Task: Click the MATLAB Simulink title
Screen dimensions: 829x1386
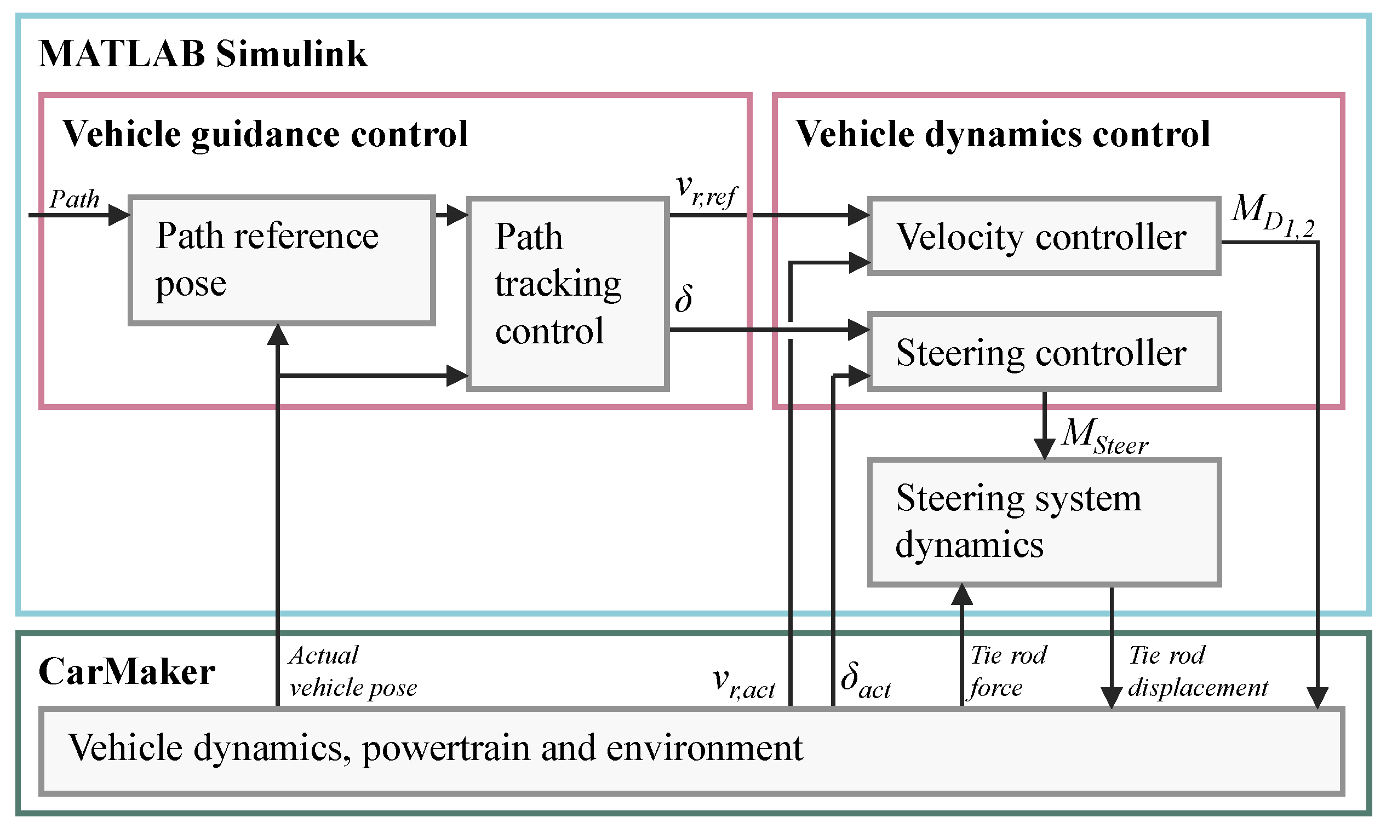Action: coord(203,54)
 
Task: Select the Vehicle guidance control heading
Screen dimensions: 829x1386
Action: coord(265,134)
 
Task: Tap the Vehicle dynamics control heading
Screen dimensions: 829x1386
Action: coord(1002,134)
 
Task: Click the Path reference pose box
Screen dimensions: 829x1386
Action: coord(281,260)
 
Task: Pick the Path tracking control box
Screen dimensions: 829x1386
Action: coord(568,293)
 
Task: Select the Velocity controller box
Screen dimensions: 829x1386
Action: coord(1043,237)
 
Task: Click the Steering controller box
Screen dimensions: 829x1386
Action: coord(1043,352)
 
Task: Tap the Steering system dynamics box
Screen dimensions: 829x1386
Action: coord(1043,522)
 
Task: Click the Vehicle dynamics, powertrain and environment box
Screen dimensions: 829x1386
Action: coord(691,750)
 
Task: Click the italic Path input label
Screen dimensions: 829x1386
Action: coord(74,199)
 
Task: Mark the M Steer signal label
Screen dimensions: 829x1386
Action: coord(1104,436)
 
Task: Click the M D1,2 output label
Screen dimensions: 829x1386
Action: coord(1272,216)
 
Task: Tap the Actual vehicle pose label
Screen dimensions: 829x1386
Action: coord(352,671)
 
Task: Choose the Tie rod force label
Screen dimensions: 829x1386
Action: coord(1007,671)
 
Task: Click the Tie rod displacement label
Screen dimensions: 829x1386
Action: coord(1196,671)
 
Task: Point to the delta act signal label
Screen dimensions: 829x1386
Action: coord(864,681)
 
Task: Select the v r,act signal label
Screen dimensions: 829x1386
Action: coord(743,683)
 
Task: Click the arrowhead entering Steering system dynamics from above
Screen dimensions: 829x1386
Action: coord(1044,448)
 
